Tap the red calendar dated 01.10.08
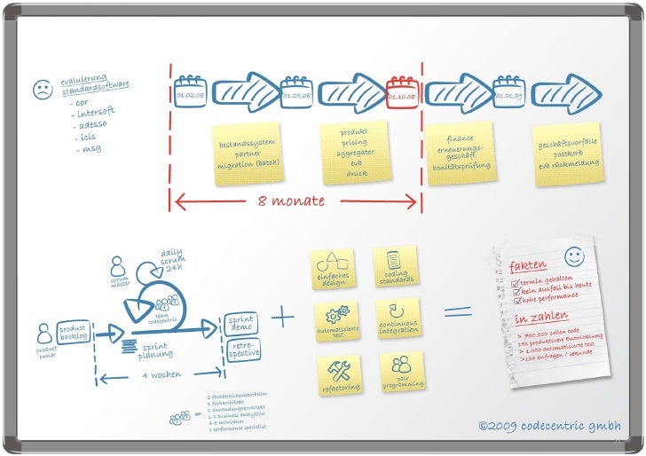(x=402, y=91)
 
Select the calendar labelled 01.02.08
(x=190, y=91)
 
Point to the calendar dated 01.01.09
(x=509, y=91)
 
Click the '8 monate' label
(x=292, y=201)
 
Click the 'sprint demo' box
(x=241, y=323)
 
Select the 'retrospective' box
(x=243, y=350)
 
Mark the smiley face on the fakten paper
(x=574, y=256)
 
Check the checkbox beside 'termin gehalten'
(x=516, y=283)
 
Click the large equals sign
(x=458, y=311)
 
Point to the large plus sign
(x=284, y=317)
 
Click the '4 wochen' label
(x=161, y=376)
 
